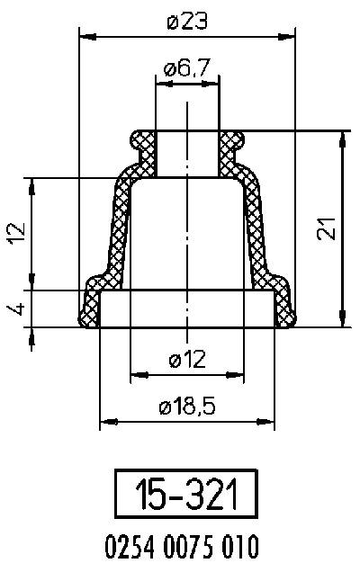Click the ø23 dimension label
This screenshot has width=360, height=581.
(x=188, y=22)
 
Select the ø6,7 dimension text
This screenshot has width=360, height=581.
(x=188, y=68)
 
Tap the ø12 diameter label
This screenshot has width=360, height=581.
(x=187, y=360)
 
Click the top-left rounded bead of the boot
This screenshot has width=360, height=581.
(x=139, y=140)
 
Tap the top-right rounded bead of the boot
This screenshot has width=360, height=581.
(x=234, y=140)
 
